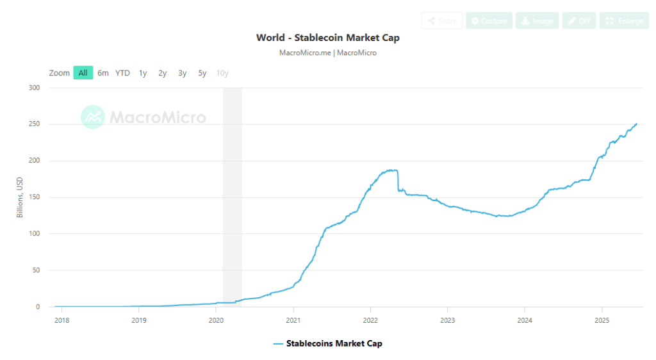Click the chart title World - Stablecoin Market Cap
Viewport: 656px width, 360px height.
tap(327, 38)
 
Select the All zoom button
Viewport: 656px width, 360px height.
tap(83, 73)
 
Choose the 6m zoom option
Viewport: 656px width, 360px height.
tap(103, 73)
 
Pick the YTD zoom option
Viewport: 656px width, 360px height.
tap(122, 73)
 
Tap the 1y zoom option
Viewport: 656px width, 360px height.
tap(143, 73)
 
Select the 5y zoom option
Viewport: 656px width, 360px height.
tap(202, 73)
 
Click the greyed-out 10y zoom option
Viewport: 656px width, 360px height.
tap(222, 73)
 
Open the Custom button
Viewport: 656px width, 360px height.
tap(489, 21)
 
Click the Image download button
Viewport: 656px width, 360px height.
tap(537, 21)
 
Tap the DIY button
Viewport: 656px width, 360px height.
tap(579, 21)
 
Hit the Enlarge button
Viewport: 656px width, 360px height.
tap(625, 21)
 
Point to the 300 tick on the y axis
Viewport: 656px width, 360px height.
tap(35, 88)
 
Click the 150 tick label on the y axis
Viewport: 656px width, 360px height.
tap(35, 197)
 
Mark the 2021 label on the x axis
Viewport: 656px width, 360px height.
tap(293, 320)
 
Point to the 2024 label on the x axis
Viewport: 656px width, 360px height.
tap(525, 320)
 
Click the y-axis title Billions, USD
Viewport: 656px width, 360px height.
tap(20, 197)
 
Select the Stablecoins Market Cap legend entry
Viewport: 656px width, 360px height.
tap(327, 344)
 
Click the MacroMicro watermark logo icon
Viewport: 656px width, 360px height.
tap(93, 117)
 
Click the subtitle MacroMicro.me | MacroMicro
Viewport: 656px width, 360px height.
tap(327, 53)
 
